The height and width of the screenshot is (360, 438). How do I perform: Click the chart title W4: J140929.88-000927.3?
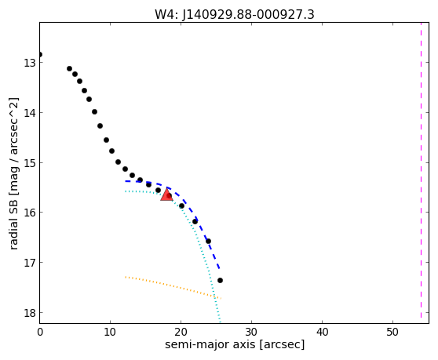click(235, 14)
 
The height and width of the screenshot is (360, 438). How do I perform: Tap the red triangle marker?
click(166, 195)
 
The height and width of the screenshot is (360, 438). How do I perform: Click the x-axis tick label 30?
click(251, 332)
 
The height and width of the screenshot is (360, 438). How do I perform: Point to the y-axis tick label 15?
click(30, 162)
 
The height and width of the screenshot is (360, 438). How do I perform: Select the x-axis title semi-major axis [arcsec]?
click(235, 344)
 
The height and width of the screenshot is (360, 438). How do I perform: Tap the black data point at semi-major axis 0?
click(40, 54)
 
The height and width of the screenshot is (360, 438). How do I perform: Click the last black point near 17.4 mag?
click(220, 280)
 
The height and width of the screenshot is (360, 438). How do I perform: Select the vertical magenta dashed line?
click(421, 170)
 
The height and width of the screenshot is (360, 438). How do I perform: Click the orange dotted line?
click(173, 286)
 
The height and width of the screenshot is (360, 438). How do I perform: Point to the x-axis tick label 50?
click(392, 332)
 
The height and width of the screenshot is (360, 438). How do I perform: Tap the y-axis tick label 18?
click(30, 313)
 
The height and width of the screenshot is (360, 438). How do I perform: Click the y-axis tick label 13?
click(30, 63)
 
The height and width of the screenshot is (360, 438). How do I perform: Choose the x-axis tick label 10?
click(110, 332)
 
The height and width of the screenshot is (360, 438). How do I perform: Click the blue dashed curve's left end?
click(126, 181)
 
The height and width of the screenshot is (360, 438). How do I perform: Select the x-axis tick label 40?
click(322, 332)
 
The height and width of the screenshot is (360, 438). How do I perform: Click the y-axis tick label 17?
click(30, 263)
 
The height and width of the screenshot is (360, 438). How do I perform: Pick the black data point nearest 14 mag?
click(94, 111)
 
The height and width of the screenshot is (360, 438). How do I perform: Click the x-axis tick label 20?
click(181, 332)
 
